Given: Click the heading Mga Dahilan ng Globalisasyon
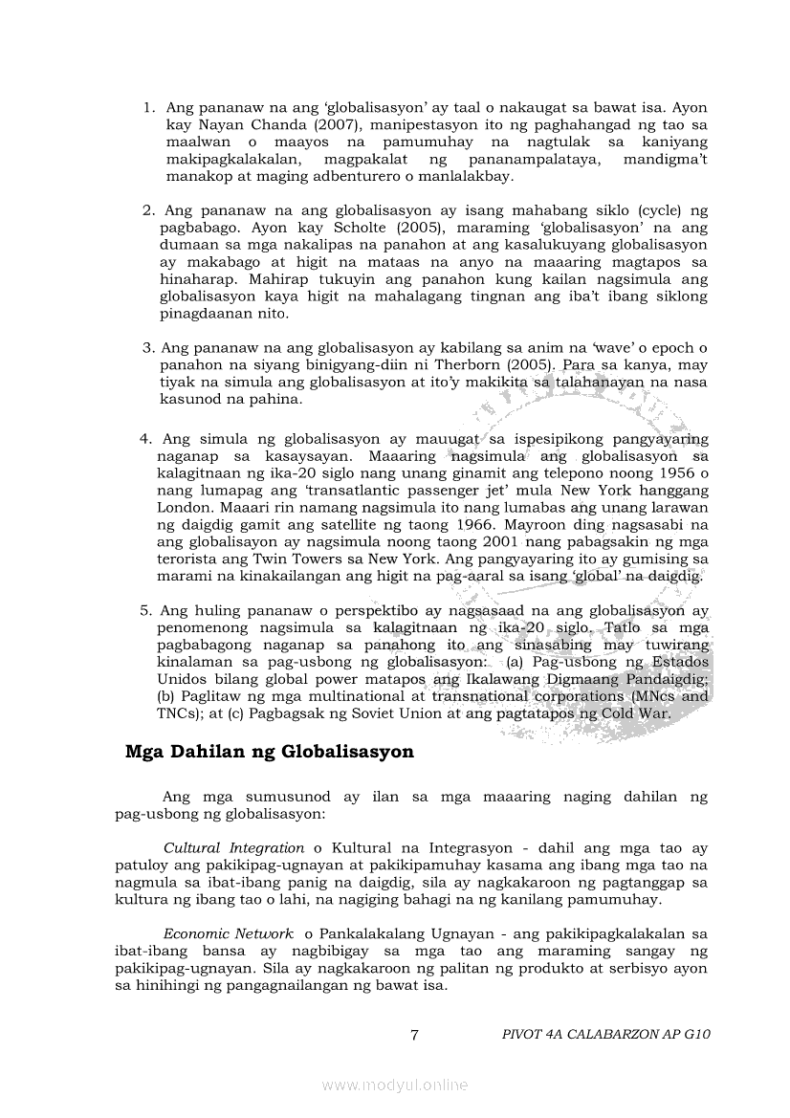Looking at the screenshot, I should pyautogui.click(x=269, y=752).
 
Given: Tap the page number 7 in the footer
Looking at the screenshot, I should pyautogui.click(x=413, y=1034).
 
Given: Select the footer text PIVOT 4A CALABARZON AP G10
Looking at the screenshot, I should pyautogui.click(x=605, y=1034).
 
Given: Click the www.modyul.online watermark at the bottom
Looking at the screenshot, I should pyautogui.click(x=395, y=1085).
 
